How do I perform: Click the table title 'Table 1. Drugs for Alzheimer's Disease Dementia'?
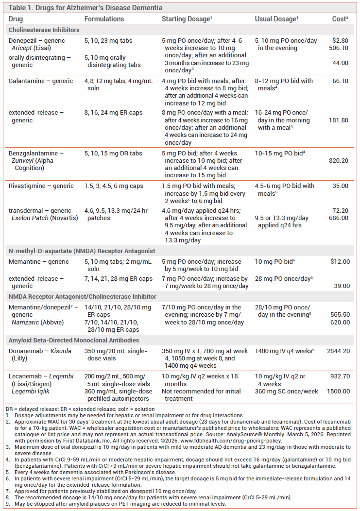click(x=86, y=8)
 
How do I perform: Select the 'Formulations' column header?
click(x=104, y=19)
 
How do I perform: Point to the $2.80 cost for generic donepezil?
click(x=340, y=41)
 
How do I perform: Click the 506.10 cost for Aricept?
click(x=339, y=48)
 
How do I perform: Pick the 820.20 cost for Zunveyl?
click(x=339, y=161)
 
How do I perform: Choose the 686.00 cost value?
click(x=339, y=218)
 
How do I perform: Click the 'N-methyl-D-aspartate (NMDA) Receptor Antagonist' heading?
click(x=82, y=251)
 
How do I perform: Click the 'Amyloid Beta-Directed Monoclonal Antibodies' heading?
click(x=74, y=340)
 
